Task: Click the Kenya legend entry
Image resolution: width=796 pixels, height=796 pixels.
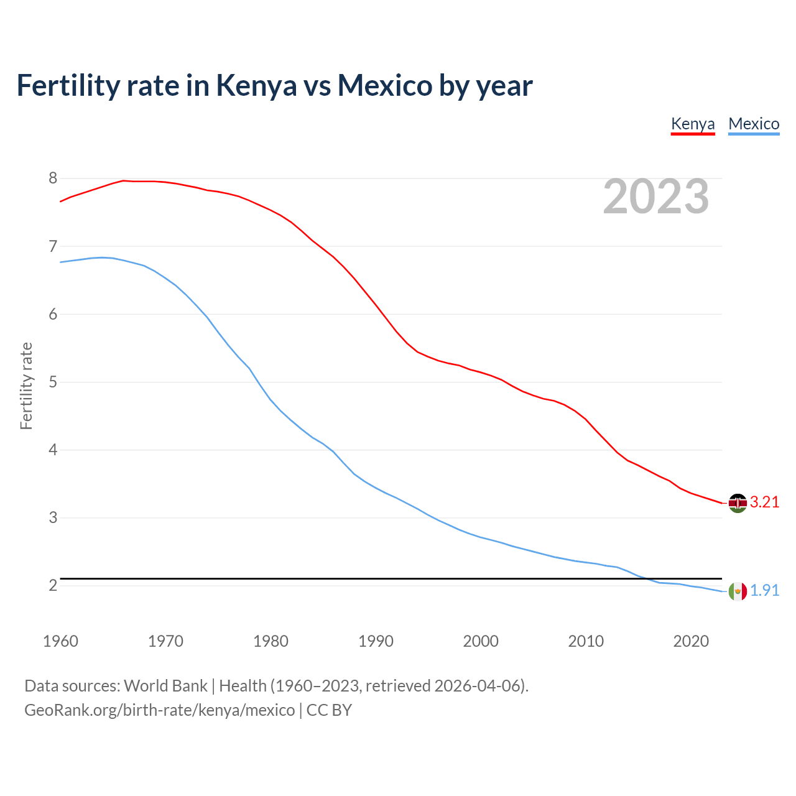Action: pyautogui.click(x=693, y=124)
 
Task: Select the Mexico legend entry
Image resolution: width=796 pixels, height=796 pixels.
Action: pyautogui.click(x=754, y=124)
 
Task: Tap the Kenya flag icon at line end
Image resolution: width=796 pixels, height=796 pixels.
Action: pyautogui.click(x=738, y=503)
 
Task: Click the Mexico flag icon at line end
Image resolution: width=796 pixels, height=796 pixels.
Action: pyautogui.click(x=738, y=591)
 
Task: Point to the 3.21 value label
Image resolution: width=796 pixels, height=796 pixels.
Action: pyautogui.click(x=764, y=502)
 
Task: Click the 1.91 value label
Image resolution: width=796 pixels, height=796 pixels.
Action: pyautogui.click(x=764, y=591)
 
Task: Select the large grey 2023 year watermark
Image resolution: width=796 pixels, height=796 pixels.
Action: pyautogui.click(x=656, y=197)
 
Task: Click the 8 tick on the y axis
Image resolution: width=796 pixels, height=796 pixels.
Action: pyautogui.click(x=53, y=178)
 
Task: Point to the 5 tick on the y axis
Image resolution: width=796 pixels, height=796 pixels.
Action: pyautogui.click(x=53, y=382)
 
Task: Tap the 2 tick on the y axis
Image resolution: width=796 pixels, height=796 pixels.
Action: pyautogui.click(x=53, y=585)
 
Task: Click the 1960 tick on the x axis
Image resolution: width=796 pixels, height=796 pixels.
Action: pyautogui.click(x=60, y=641)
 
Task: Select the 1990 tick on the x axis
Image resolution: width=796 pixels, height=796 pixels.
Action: pyautogui.click(x=376, y=641)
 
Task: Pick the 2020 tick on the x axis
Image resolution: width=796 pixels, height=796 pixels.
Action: pyautogui.click(x=691, y=641)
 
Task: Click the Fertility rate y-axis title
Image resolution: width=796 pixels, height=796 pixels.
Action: pyautogui.click(x=26, y=386)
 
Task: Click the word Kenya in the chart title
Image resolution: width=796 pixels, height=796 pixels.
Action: pyautogui.click(x=256, y=86)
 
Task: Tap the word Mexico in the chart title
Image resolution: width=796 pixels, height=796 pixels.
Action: pyautogui.click(x=384, y=86)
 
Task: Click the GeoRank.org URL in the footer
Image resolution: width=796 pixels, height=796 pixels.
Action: pyautogui.click(x=159, y=710)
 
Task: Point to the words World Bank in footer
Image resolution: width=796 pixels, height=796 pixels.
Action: pyautogui.click(x=165, y=686)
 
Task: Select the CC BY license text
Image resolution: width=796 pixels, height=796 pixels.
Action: pyautogui.click(x=329, y=710)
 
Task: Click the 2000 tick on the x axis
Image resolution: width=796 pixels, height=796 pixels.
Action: pyautogui.click(x=481, y=641)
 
